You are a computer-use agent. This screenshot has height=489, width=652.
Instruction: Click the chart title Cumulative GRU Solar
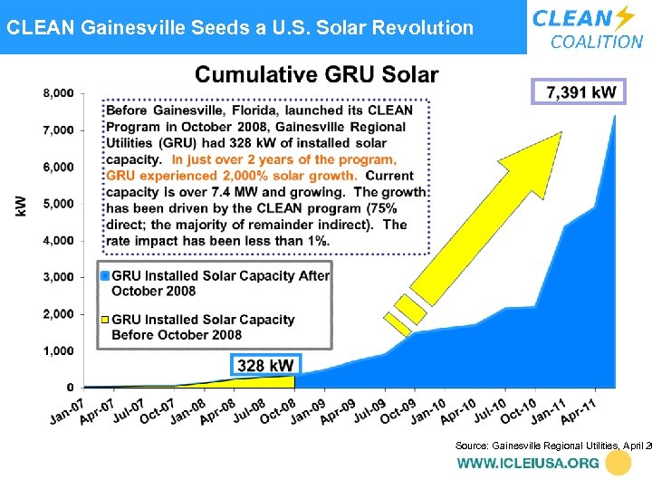(x=317, y=74)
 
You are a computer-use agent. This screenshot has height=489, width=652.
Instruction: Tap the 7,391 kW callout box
(x=580, y=92)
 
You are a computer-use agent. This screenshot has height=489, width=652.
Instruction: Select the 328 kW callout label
(x=264, y=365)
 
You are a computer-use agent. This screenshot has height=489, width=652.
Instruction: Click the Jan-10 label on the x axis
(x=427, y=410)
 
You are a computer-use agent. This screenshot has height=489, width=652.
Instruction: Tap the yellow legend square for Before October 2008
(x=105, y=319)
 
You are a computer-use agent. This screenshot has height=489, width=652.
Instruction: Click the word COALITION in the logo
(x=597, y=42)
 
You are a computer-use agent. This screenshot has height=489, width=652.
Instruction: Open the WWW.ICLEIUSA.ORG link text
(x=528, y=463)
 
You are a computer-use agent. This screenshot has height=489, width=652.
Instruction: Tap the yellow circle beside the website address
(x=618, y=463)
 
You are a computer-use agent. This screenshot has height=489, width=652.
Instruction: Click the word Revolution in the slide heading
(x=420, y=27)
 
